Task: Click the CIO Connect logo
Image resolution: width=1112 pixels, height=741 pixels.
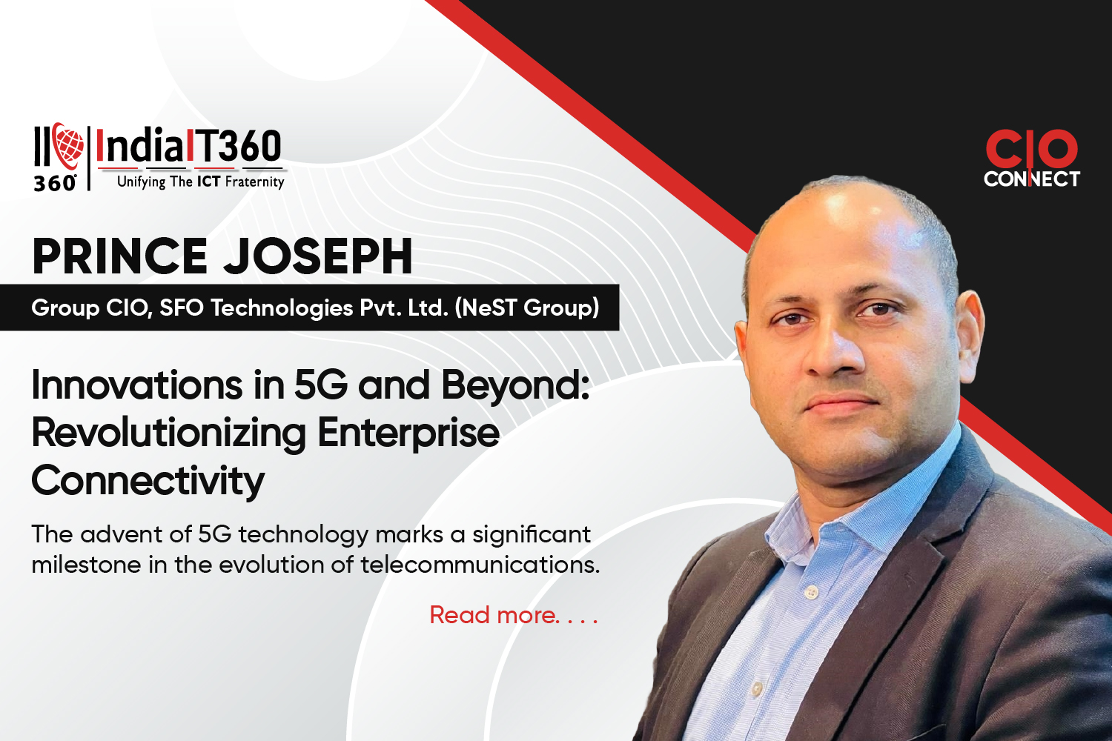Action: [x=1032, y=159]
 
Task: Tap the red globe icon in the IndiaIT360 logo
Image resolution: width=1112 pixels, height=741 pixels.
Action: [x=68, y=145]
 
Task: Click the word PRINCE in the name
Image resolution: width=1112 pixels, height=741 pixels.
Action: [x=119, y=256]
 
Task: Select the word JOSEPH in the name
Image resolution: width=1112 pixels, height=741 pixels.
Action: [x=318, y=256]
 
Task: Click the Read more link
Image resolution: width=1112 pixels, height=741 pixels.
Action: [x=514, y=615]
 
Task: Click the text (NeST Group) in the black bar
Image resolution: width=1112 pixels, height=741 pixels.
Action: [x=526, y=308]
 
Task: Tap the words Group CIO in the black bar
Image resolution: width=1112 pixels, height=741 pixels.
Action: [x=91, y=308]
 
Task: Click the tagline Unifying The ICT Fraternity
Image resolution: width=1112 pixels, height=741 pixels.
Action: [x=201, y=182]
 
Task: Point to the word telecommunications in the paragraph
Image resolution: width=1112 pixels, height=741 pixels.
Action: [x=480, y=565]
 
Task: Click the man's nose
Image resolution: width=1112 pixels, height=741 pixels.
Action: [x=833, y=357]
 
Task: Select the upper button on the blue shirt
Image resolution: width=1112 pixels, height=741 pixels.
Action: [x=811, y=591]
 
